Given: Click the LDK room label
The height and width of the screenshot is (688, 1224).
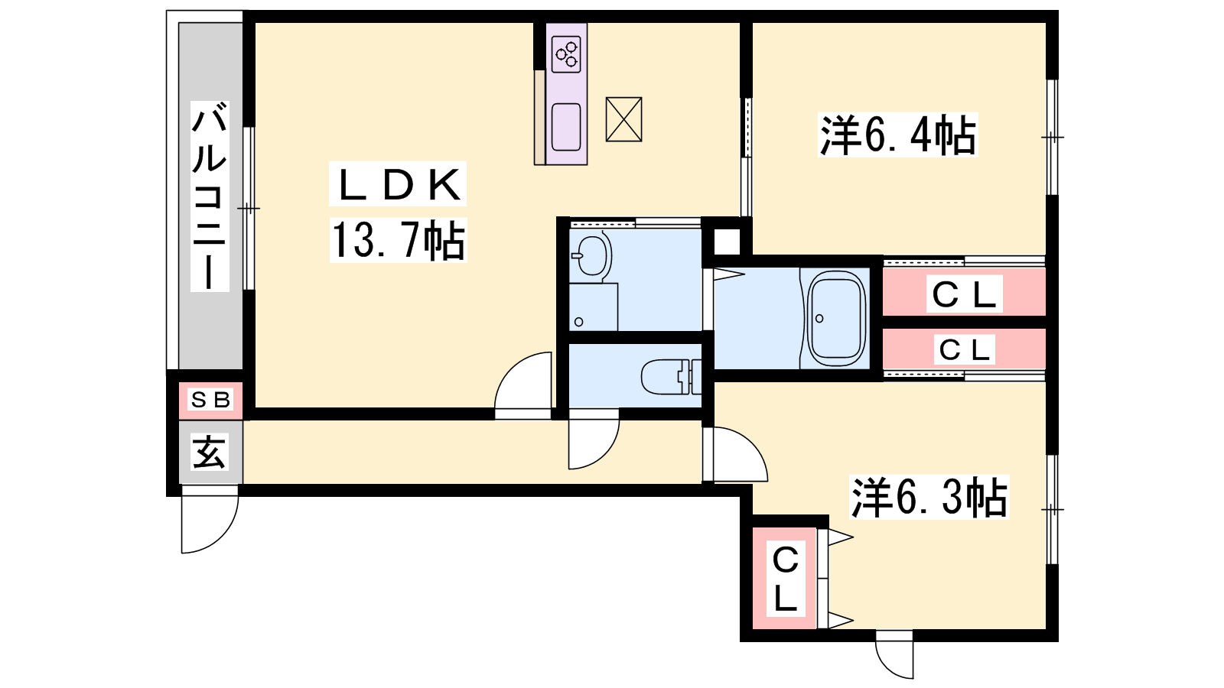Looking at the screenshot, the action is pos(398,184).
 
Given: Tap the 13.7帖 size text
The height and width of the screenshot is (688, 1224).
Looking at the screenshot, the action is pos(398,240).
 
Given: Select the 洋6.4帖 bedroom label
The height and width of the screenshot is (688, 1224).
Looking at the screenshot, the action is pos(898,135).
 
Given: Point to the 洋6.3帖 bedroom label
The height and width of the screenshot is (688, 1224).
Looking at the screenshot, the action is pos(929,498).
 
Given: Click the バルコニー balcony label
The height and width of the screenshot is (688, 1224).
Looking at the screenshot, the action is pos(210,196).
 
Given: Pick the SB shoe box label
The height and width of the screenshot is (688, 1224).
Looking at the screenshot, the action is pos(210,399).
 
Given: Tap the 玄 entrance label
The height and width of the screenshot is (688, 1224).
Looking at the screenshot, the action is pos(210,452).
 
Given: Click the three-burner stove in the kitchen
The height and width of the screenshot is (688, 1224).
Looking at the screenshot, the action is pos(566,54).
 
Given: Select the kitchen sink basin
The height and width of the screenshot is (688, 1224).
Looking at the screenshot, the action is pos(566,127).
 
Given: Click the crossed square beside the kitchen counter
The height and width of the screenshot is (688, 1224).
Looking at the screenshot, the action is pos(623,119).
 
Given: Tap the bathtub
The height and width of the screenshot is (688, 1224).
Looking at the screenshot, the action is pos(836,319).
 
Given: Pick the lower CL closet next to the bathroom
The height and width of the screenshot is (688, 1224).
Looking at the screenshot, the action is pos(964,349).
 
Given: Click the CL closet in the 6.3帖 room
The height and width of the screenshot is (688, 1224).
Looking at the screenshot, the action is pos(785,578).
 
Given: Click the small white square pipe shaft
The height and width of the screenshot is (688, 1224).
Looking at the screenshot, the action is pos(726,241).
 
